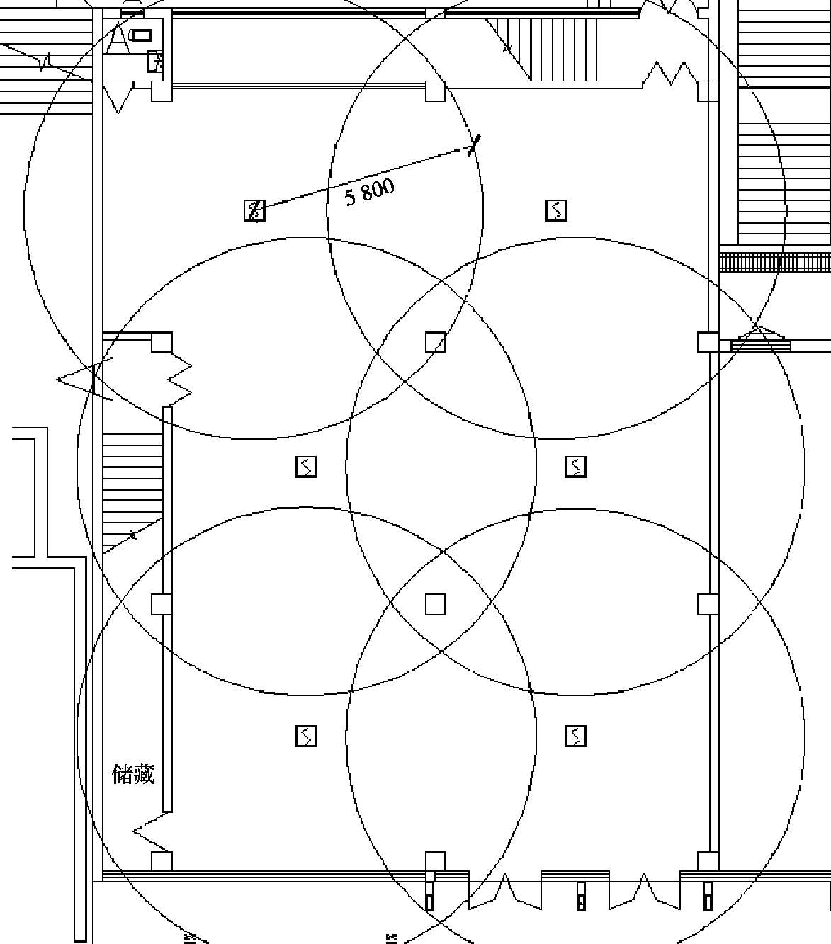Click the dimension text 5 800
point(369,191)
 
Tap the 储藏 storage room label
point(133,774)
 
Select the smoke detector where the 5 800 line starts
point(254,210)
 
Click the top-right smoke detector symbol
point(556,210)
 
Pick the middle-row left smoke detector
point(305,467)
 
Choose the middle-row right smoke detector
point(575,467)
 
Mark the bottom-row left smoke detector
point(305,737)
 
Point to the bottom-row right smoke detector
point(575,737)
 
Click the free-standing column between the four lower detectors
point(435,604)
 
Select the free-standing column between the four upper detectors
point(435,342)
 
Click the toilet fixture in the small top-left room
point(141,35)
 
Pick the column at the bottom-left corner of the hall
point(162,861)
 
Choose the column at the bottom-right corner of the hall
point(708,861)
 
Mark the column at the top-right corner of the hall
point(708,91)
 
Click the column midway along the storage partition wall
point(162,604)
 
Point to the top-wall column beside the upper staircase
point(435,91)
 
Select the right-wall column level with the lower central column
point(708,604)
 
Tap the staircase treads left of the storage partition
point(132,482)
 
